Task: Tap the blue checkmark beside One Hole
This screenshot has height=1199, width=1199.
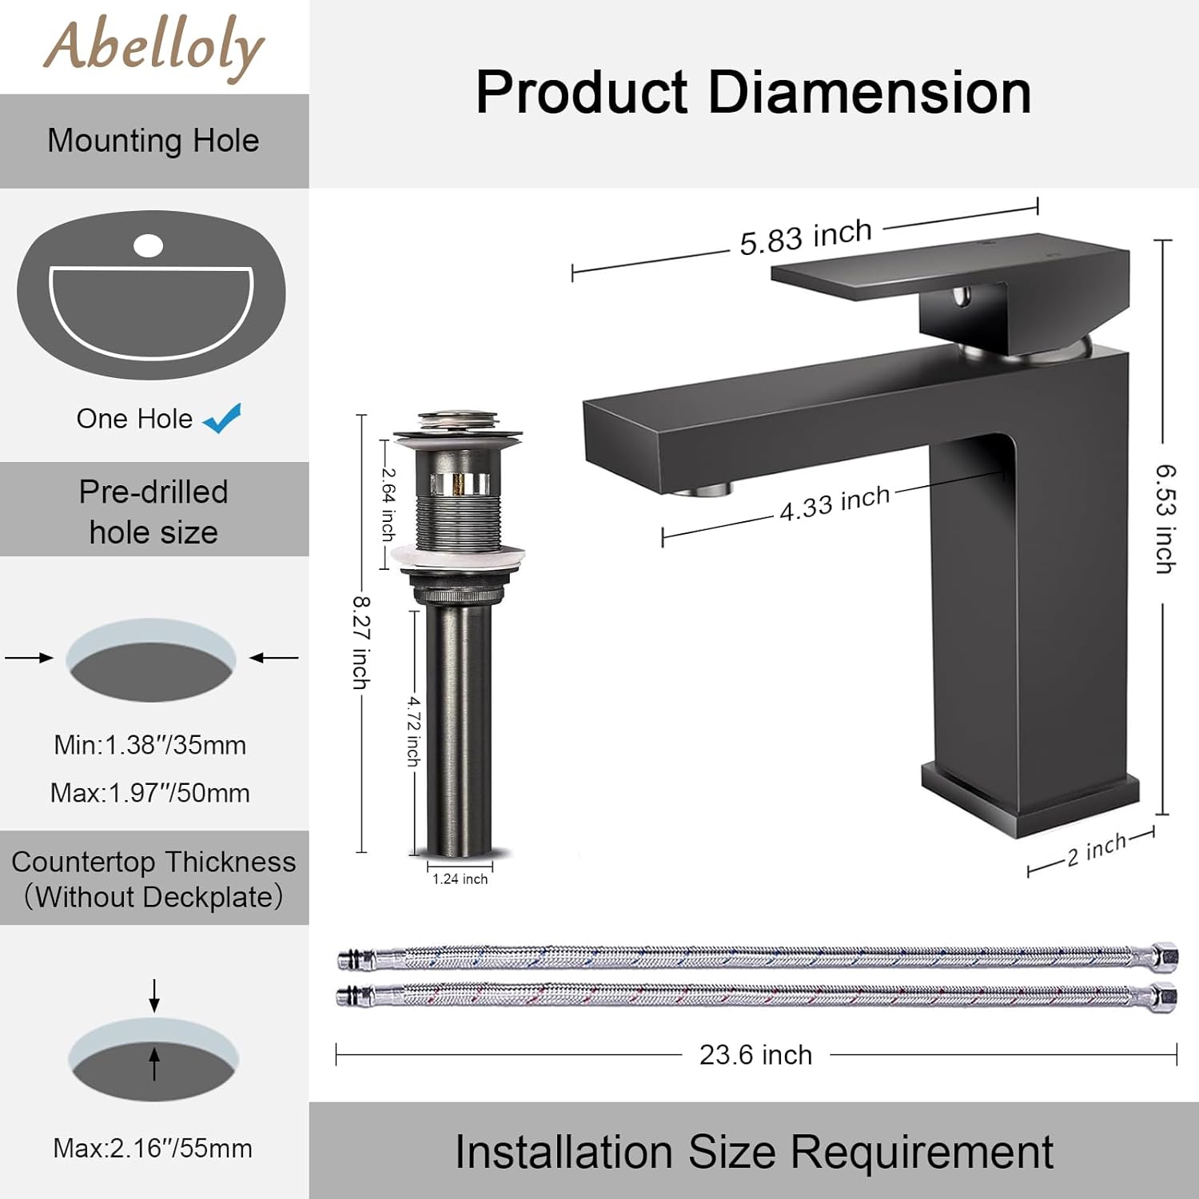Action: [x=222, y=418]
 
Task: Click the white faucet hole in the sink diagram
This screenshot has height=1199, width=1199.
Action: [x=148, y=245]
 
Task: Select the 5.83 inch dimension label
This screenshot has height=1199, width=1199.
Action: [x=806, y=237]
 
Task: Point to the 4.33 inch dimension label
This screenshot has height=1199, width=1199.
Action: [x=835, y=504]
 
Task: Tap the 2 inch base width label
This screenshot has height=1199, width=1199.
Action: [x=1097, y=849]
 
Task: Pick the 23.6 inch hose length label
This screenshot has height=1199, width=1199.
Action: [x=755, y=1055]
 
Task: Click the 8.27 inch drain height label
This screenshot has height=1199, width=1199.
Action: [x=361, y=642]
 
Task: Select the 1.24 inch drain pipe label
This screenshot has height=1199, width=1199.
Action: [x=460, y=879]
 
